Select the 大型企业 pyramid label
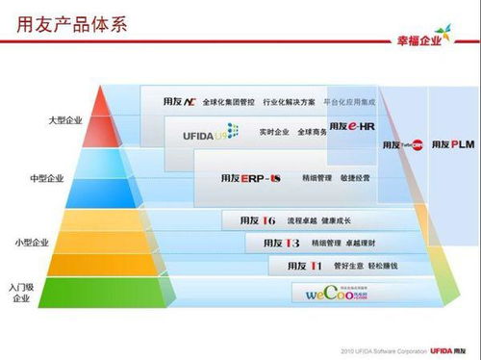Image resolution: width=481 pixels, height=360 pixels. coord(66,120)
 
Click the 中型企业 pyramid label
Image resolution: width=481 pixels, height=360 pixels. coord(48,179)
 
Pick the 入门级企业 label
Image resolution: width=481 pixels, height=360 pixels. coord(22,293)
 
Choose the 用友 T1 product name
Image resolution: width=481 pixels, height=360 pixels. coord(302,265)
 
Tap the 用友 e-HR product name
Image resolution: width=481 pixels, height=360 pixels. coord(349,126)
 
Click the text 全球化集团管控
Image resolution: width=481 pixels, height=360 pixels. coord(227,101)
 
